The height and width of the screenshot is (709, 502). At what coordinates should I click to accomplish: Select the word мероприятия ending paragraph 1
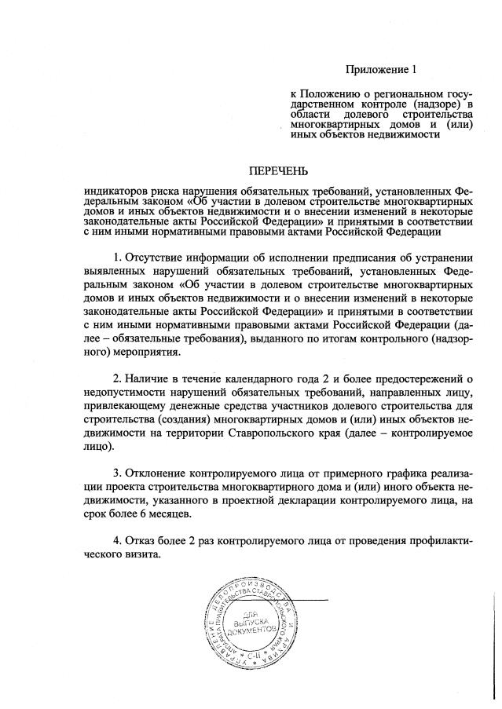[x=119, y=353]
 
